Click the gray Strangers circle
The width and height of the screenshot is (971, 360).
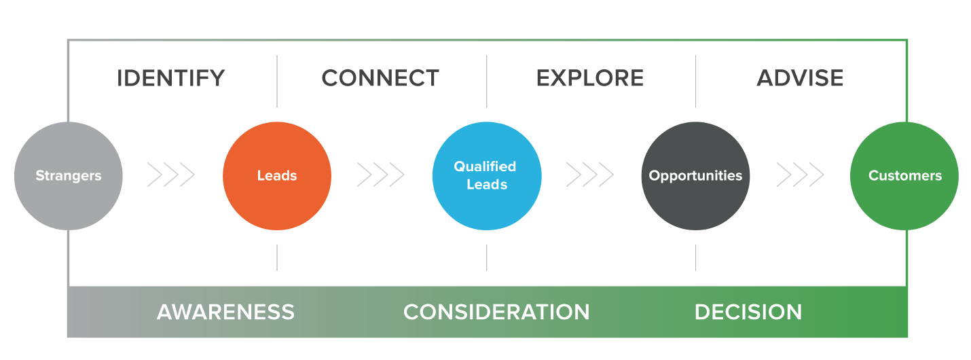(x=69, y=176)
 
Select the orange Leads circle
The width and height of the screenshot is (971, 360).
(x=277, y=176)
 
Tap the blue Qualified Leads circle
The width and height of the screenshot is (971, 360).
(x=487, y=176)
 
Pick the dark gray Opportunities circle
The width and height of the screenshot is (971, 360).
(x=696, y=176)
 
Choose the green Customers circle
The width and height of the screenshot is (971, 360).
(x=904, y=176)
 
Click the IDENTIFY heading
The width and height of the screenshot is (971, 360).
(x=171, y=78)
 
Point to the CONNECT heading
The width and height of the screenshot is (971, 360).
(x=380, y=78)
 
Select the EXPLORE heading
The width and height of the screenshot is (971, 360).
(x=590, y=78)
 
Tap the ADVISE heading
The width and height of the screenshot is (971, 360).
(x=800, y=78)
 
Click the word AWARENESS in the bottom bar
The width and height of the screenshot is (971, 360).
(x=226, y=312)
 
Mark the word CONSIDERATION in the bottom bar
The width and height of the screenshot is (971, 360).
(x=496, y=312)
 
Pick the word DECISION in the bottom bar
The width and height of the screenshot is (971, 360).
(x=748, y=312)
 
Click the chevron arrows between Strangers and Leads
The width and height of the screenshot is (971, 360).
(x=171, y=175)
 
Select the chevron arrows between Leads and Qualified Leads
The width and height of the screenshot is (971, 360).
(x=381, y=175)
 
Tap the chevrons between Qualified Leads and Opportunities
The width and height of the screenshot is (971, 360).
(x=590, y=175)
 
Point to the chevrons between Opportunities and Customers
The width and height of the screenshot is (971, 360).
(x=800, y=175)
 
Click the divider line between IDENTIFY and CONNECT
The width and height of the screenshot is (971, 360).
(x=277, y=81)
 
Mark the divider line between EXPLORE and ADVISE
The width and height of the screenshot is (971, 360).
(x=696, y=81)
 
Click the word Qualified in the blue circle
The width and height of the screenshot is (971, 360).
(x=485, y=166)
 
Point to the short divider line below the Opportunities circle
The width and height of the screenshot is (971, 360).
(x=696, y=257)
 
